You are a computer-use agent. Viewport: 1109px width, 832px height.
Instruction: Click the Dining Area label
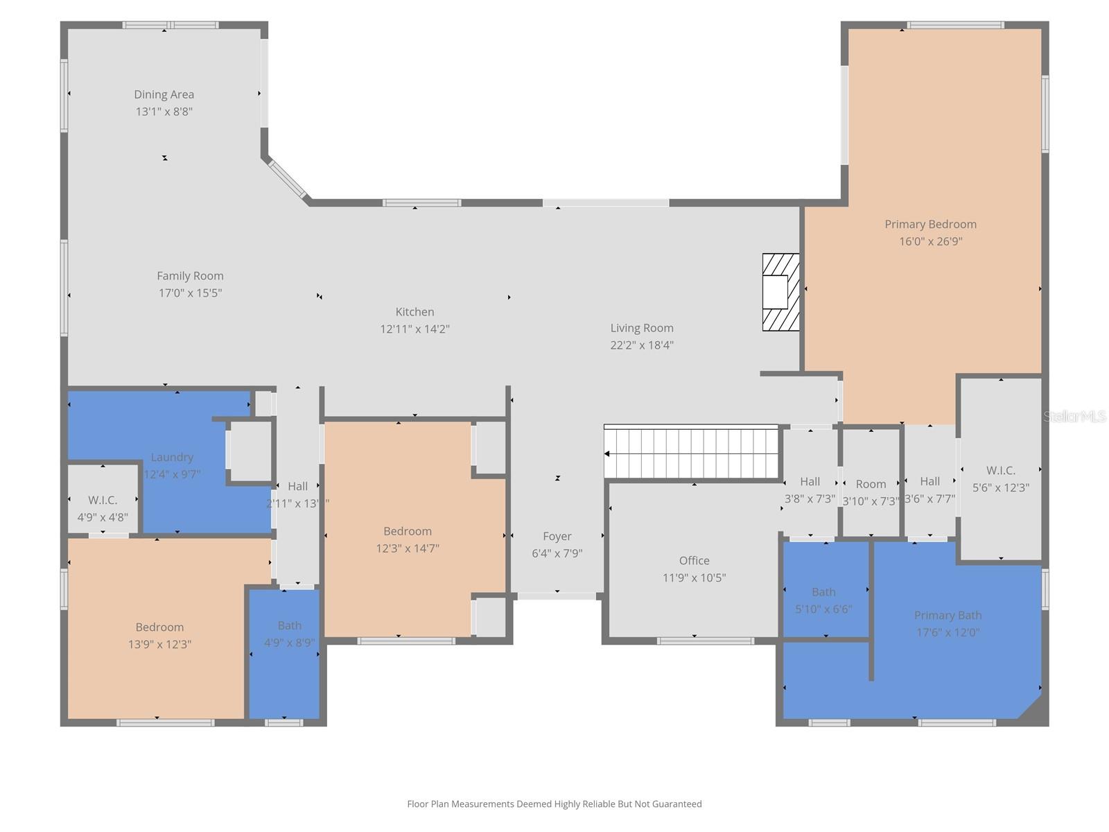pos(164,94)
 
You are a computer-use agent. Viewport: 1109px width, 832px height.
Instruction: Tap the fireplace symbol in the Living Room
pos(780,292)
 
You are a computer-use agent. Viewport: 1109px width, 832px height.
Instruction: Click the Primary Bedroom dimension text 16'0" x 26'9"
pos(930,241)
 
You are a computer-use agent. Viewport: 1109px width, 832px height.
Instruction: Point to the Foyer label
pos(557,536)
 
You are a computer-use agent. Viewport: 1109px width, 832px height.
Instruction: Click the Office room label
pos(694,560)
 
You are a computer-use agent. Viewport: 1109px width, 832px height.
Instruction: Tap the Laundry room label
pos(172,457)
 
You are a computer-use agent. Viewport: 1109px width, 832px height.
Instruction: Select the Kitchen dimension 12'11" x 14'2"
pos(414,329)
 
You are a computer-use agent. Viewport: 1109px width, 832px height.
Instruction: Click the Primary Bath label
pos(948,615)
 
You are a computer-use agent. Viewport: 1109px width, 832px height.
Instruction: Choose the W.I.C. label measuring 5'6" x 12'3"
pos(1000,471)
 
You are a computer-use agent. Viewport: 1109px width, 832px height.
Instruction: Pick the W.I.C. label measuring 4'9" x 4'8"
pos(103,500)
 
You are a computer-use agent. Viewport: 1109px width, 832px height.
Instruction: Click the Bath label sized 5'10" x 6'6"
pos(823,592)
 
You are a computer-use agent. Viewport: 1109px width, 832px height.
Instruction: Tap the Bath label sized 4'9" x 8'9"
pos(289,625)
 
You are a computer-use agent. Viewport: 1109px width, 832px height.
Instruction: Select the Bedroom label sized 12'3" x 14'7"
pos(408,531)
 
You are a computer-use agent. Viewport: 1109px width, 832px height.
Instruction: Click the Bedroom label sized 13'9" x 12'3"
pos(159,627)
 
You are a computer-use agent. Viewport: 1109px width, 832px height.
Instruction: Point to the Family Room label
pos(190,276)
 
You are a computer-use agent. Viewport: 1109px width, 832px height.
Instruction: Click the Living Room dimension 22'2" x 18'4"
pos(642,345)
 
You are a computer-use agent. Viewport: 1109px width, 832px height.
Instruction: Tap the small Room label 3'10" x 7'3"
pos(871,484)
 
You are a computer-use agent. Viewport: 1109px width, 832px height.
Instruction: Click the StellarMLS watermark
pos(1074,416)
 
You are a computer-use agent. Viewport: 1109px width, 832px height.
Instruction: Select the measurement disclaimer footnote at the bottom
pos(554,804)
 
